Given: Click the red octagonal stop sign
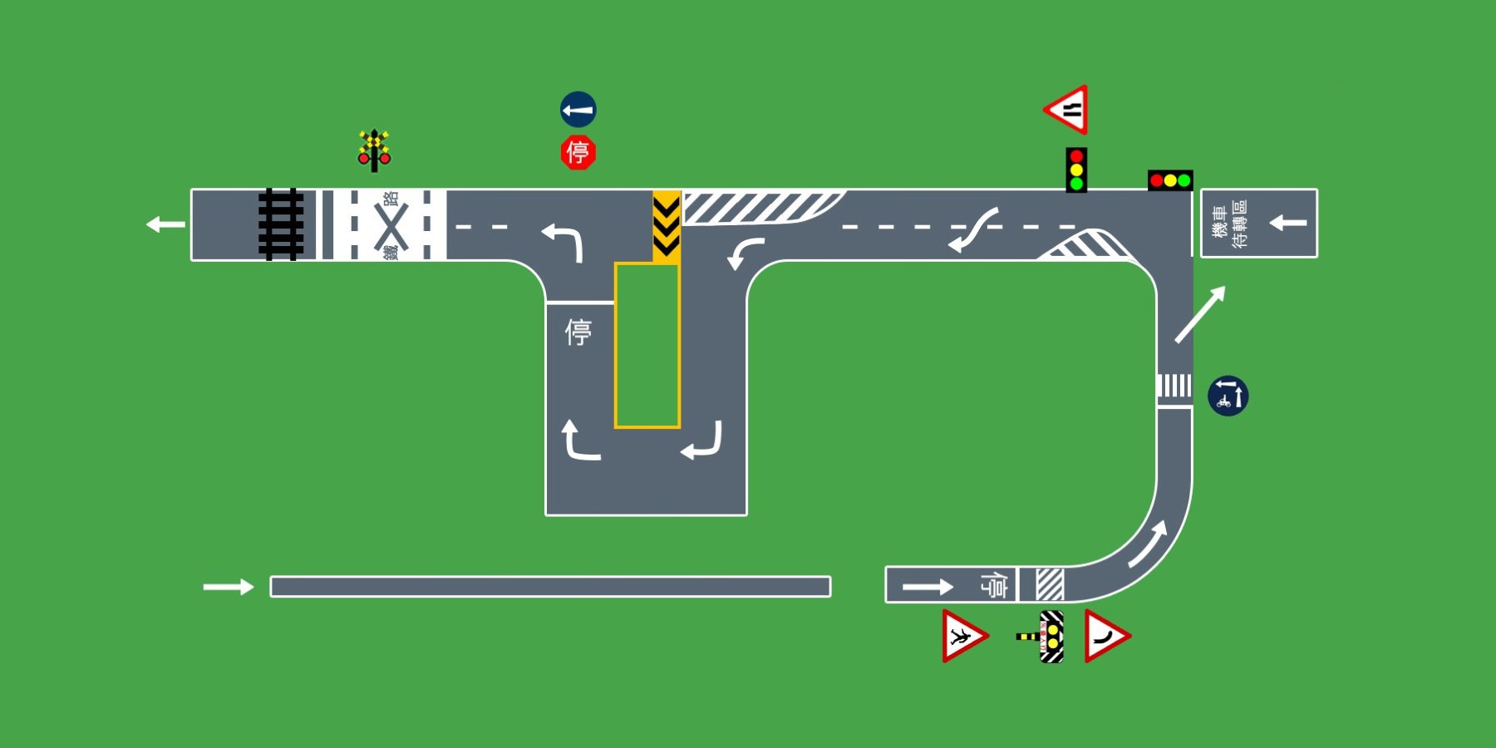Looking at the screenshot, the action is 578,153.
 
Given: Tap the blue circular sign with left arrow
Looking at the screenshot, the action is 578,110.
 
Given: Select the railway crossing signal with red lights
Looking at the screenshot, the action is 374,150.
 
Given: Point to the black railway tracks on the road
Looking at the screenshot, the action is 280,224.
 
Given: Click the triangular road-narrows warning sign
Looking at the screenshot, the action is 1068,109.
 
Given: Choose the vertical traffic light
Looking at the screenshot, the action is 1076,170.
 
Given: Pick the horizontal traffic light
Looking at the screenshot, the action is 1170,180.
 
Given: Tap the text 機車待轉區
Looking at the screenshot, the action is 1229,224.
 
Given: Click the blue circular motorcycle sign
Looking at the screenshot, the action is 1228,396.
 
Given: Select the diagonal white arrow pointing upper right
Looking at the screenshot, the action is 1199,314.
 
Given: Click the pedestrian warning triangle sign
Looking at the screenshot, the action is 962,637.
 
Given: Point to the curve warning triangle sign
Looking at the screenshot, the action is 1105,637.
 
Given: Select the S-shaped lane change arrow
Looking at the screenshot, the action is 973,229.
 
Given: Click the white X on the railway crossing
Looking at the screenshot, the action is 391,225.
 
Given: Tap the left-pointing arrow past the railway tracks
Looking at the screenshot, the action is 165,224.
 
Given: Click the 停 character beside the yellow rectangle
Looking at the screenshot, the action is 578,332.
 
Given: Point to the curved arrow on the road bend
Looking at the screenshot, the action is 1149,544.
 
